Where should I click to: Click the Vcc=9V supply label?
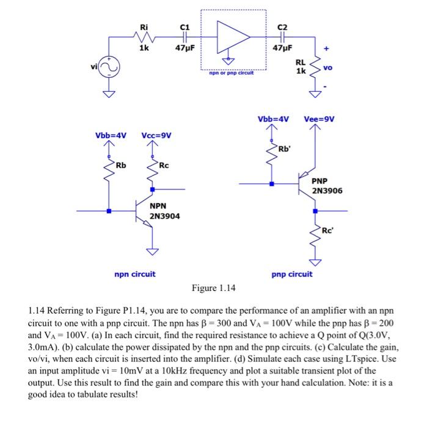(157, 135)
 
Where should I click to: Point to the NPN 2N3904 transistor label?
(164, 211)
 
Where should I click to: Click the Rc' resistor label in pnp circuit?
(329, 229)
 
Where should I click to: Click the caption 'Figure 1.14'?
(213, 288)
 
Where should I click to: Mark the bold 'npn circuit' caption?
(135, 274)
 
